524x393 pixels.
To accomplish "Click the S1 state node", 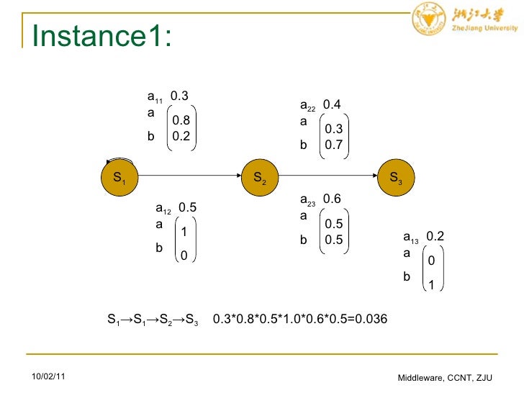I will pos(119,177).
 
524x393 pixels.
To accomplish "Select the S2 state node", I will pos(260,177).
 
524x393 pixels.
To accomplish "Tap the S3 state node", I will pos(395,177).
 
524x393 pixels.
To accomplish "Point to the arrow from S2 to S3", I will pos(327,176).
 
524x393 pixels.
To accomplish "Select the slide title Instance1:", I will pos(101,36).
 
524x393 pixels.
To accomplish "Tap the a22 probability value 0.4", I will pos(332,106).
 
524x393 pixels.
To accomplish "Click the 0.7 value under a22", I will pos(334,145).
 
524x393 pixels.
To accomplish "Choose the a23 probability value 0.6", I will pos(332,199).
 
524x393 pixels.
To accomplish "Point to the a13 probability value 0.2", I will pos(435,237).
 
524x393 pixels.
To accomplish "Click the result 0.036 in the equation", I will pos(370,319).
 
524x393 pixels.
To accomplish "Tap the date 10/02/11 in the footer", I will pos(48,377).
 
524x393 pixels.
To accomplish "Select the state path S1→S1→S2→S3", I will pos(153,319).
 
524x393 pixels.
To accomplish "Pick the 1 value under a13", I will pos(431,285).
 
